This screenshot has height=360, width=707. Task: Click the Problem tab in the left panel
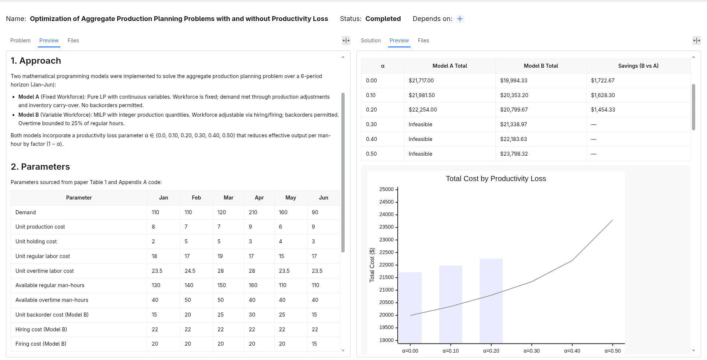(20, 40)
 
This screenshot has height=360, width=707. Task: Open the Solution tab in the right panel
(370, 40)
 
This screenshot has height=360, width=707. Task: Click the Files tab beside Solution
(423, 40)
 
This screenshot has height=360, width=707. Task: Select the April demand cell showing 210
(253, 212)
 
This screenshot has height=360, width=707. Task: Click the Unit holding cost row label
(36, 241)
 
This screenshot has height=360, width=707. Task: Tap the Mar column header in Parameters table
(228, 198)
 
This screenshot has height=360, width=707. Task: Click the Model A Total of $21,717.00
(421, 81)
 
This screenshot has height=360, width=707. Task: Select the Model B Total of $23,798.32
(514, 154)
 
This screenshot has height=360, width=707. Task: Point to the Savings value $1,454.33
(603, 110)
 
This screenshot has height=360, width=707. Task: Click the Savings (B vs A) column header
(638, 66)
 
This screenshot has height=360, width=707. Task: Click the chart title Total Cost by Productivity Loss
(496, 179)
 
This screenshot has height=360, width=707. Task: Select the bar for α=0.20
(491, 301)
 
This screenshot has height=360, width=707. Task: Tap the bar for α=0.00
(410, 308)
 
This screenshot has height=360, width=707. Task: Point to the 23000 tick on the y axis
(386, 240)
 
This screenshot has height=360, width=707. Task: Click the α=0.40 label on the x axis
(572, 351)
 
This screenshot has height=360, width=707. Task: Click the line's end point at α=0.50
(612, 220)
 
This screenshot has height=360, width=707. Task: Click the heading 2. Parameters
(40, 167)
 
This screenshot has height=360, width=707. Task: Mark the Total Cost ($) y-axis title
(372, 265)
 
